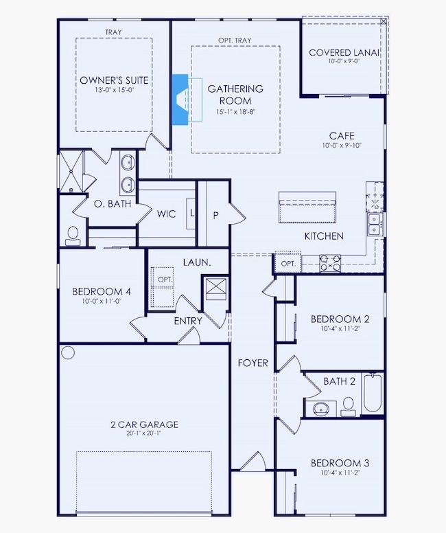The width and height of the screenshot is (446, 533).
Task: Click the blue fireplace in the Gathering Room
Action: point(180,100)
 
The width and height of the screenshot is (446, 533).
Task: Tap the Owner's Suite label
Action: point(114,80)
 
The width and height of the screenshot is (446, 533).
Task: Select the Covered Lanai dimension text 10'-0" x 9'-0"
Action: point(344,61)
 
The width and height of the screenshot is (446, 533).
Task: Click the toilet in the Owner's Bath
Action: point(73,236)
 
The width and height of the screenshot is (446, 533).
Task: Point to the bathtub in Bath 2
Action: point(373,393)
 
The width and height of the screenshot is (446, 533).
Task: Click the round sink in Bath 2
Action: point(320,408)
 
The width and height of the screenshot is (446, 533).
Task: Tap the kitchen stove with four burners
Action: point(330,263)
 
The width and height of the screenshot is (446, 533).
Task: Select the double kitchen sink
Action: point(375,225)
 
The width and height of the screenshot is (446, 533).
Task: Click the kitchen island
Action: point(307,207)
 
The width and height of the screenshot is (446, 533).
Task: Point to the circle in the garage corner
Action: point(68,352)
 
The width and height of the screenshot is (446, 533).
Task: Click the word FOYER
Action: point(253,363)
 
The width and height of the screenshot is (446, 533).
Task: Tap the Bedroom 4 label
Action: point(102,291)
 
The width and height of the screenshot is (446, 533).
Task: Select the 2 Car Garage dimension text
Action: point(144,433)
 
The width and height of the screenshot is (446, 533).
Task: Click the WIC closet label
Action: point(167,214)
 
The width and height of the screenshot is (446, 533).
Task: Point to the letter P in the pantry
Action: point(215,215)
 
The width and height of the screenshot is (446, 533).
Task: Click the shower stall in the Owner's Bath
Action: point(71,172)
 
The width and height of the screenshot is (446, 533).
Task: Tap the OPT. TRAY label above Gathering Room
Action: point(235,40)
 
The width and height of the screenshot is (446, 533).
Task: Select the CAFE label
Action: point(342,136)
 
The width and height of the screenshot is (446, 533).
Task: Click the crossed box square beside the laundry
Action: point(216,289)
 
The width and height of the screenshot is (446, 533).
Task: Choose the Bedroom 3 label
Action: point(340,463)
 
